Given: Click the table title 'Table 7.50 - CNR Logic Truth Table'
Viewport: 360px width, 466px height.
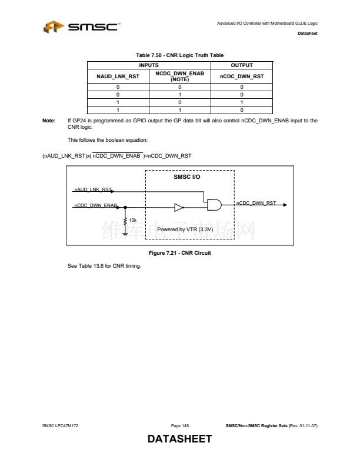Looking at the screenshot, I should pyautogui.click(x=179, y=55).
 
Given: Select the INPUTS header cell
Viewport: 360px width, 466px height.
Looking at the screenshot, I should pyautogui.click(x=148, y=65).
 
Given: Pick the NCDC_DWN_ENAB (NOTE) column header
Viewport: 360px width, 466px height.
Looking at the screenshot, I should pyautogui.click(x=179, y=76).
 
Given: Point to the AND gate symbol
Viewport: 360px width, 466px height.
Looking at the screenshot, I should pyautogui.click(x=213, y=204).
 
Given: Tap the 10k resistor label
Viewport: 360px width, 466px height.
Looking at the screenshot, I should pyautogui.click(x=133, y=220).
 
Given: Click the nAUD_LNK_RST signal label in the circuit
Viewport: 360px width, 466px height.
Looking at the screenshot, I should pyautogui.click(x=92, y=190).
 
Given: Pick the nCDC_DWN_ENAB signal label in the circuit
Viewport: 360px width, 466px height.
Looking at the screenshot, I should pyautogui.click(x=96, y=205).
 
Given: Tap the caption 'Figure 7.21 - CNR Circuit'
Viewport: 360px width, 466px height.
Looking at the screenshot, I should pyautogui.click(x=180, y=253).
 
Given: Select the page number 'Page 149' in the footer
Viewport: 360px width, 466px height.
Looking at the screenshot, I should pyautogui.click(x=180, y=425).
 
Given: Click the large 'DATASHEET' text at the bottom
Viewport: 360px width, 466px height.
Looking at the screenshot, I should pyautogui.click(x=179, y=440).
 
